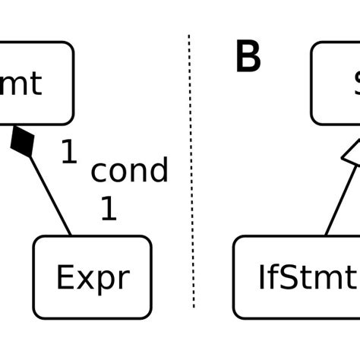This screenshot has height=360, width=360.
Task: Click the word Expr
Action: pyautogui.click(x=92, y=278)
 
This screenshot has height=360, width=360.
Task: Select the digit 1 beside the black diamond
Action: pyautogui.click(x=68, y=154)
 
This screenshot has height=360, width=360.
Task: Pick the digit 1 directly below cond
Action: pyautogui.click(x=109, y=209)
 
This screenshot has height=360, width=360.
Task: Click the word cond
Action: pyautogui.click(x=129, y=171)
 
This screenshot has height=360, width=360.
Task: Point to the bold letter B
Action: pyautogui.click(x=248, y=58)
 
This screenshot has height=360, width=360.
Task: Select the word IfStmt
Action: pyautogui.click(x=307, y=278)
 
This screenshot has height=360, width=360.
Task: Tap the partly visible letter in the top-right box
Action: pyautogui.click(x=355, y=84)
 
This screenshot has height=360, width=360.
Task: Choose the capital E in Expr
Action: pyautogui.click(x=65, y=278)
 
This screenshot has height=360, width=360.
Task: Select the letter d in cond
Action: pyautogui.click(x=157, y=171)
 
